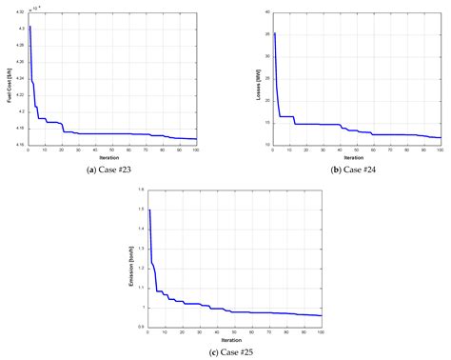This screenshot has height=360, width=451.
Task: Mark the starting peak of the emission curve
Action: coord(150,210)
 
